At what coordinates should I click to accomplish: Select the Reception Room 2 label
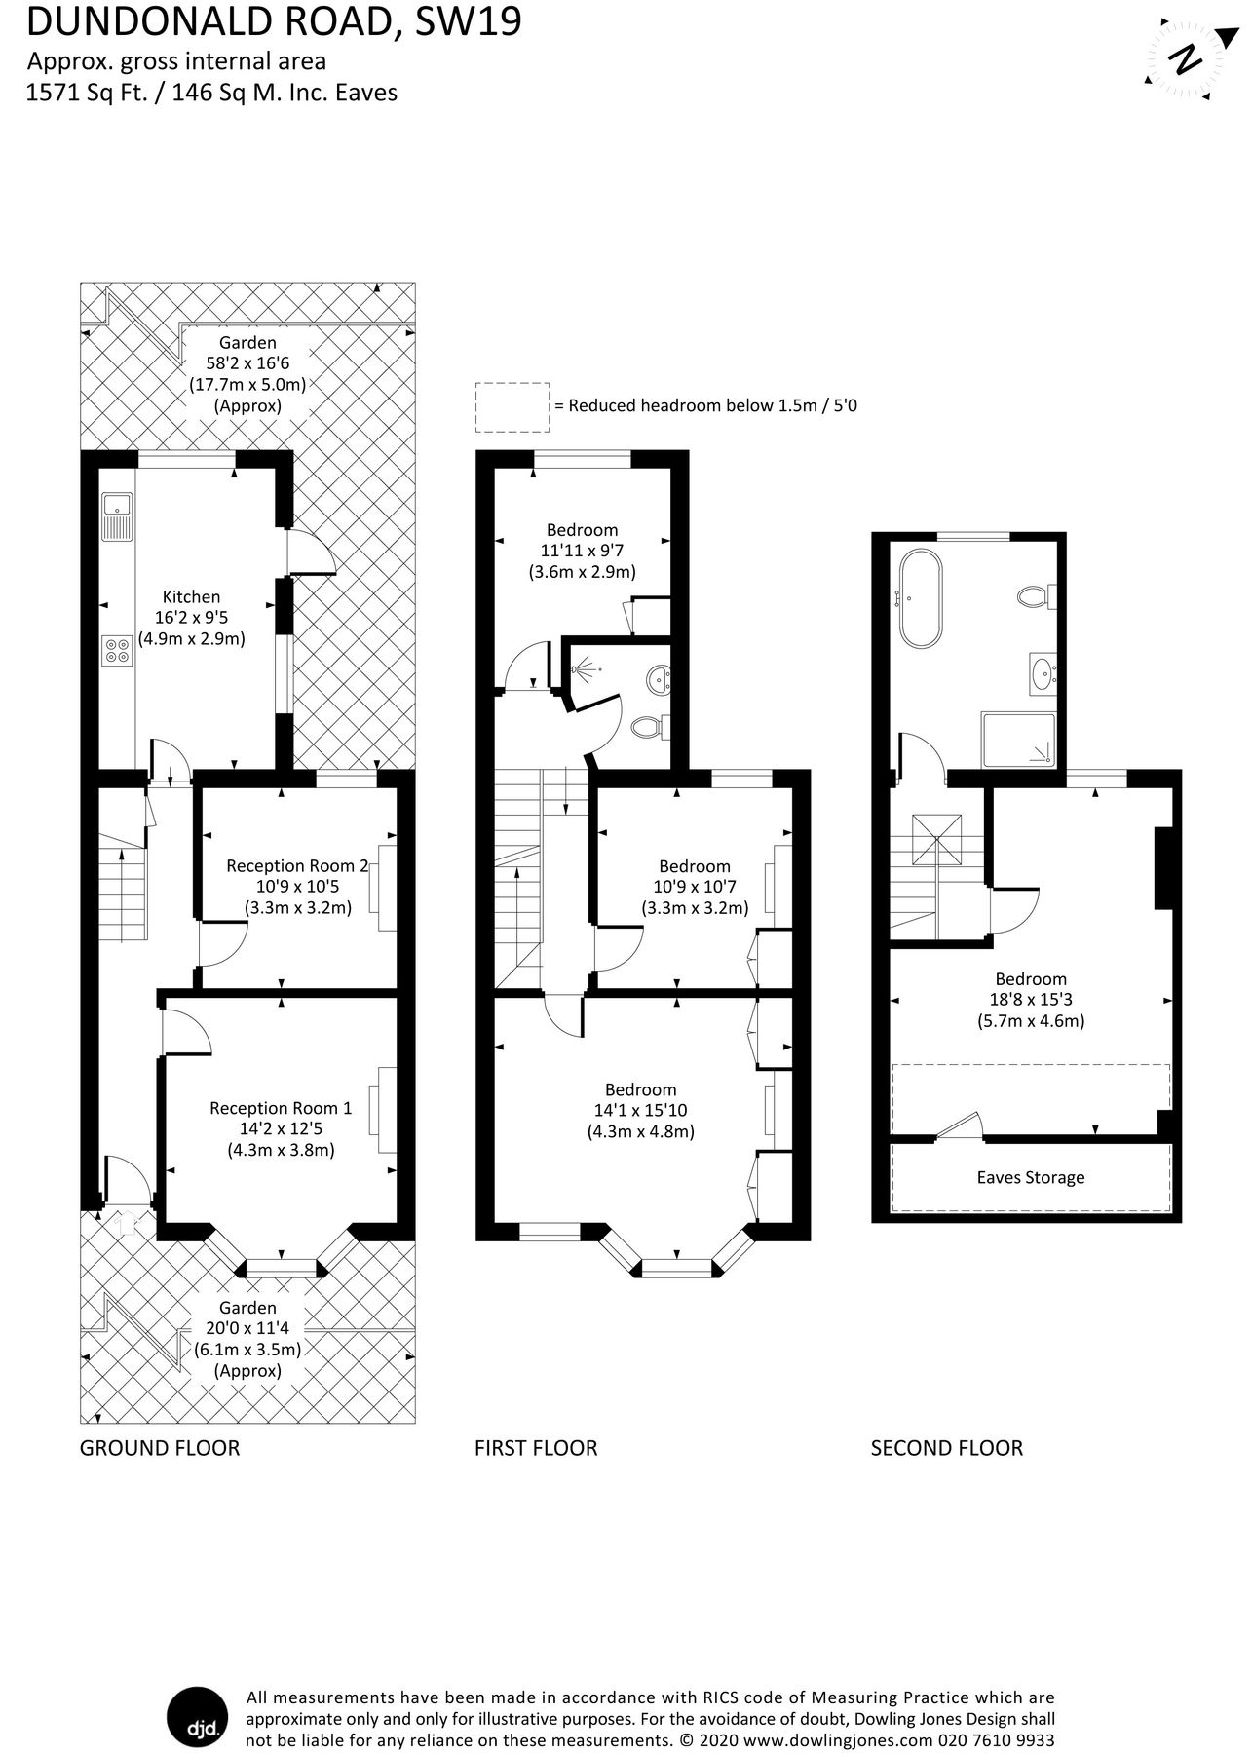[297, 865]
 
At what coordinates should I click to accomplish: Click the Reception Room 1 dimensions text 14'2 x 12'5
[281, 1128]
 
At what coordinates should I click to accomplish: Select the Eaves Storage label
[1030, 1177]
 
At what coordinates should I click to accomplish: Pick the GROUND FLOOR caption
[159, 1448]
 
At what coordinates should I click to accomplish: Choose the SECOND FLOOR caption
[946, 1448]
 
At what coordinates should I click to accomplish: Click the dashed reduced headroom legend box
[511, 406]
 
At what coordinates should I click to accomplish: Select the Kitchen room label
[191, 596]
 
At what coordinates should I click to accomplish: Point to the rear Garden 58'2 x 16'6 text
[247, 363]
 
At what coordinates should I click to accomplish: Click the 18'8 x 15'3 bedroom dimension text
[1030, 1000]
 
